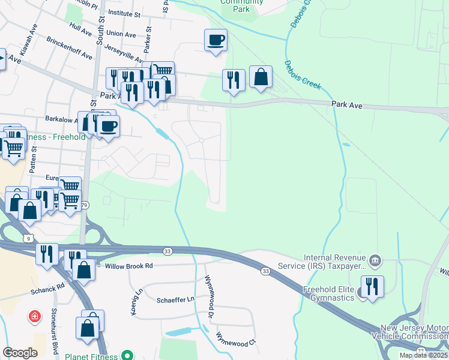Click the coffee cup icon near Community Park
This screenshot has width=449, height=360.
click(216, 41)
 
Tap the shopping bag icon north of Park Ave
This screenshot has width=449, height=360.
click(261, 77)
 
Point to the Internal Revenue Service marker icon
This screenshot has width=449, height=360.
click(375, 260)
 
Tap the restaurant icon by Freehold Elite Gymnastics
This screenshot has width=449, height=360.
click(372, 287)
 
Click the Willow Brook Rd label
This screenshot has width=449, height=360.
click(129, 265)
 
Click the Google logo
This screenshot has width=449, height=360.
click(20, 353)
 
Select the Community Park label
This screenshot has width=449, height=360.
click(235, 5)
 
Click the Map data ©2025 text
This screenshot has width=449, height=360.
click(423, 355)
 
